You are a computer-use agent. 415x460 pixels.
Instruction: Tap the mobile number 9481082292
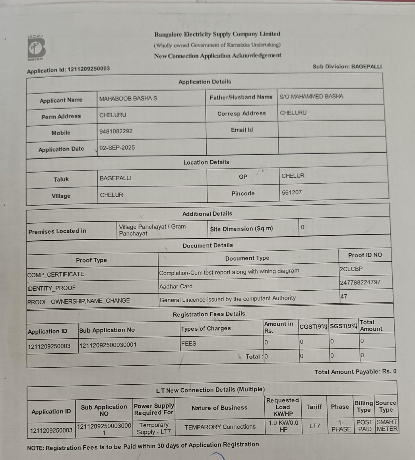pos(116,131)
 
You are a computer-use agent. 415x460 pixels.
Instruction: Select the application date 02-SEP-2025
pos(117,148)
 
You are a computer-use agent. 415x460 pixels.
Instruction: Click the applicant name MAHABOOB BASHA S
pos(128,98)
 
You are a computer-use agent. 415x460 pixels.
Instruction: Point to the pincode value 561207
pos(292,192)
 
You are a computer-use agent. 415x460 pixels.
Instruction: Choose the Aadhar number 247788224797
pos(360,283)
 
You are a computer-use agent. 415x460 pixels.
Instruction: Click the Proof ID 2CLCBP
pos(351,269)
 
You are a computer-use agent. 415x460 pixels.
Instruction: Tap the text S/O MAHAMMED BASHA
pos(311,97)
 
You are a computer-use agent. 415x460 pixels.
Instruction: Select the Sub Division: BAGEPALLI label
pos(347,67)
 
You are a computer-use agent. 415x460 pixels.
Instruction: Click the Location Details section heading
pos(206,162)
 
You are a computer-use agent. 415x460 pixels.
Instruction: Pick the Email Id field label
pos(242,130)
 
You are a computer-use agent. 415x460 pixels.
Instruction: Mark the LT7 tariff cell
pos(315,426)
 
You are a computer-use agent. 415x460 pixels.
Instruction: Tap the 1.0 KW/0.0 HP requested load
pos(283,426)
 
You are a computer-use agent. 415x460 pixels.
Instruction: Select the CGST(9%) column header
pos(313,327)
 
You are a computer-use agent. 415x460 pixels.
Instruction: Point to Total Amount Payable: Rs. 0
pos(355,372)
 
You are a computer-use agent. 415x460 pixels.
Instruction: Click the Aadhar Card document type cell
pos(176,286)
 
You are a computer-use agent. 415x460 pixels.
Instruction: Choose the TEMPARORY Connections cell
pos(220,427)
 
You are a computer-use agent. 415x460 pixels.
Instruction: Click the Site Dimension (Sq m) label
pos(241,229)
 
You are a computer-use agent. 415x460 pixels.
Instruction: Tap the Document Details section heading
pos(208,245)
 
